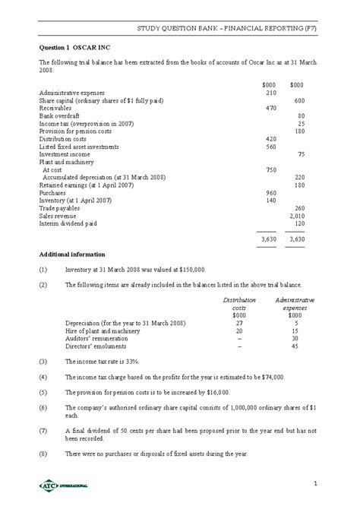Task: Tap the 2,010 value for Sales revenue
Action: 296,215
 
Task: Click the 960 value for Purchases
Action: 271,192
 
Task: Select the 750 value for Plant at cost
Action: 271,169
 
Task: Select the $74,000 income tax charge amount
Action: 270,376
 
